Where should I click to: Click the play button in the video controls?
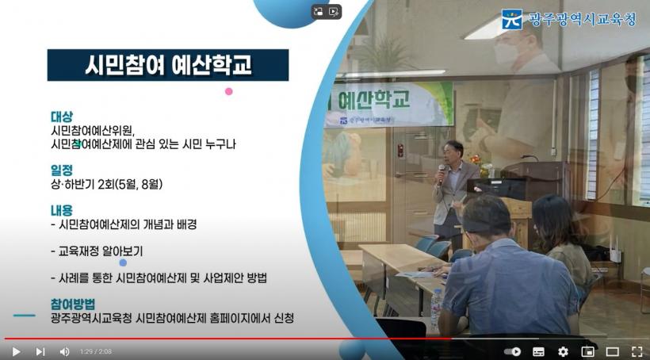click(x=16, y=352)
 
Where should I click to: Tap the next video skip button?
click(x=40, y=352)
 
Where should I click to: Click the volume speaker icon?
click(x=64, y=352)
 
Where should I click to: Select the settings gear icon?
click(x=563, y=352)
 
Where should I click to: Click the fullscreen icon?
click(x=637, y=352)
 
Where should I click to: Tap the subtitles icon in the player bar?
click(x=538, y=352)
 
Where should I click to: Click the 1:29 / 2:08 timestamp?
click(x=96, y=352)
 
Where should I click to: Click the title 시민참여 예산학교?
click(x=168, y=65)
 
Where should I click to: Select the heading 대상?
click(x=62, y=117)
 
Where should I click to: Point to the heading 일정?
click(x=62, y=170)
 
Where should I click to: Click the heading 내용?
click(x=62, y=210)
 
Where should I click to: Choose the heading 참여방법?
click(x=73, y=304)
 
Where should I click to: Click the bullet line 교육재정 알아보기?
click(x=101, y=251)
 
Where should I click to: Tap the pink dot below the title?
click(x=229, y=91)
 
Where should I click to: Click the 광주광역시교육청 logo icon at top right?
click(x=512, y=19)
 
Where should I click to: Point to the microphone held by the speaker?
click(x=441, y=173)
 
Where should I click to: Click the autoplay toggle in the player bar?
click(x=512, y=352)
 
